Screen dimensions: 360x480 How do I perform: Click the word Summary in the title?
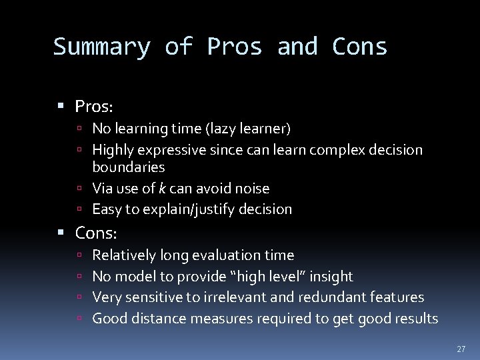coord(101,47)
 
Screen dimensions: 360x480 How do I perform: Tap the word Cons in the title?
coord(359,47)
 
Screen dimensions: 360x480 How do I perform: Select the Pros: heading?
coord(95,106)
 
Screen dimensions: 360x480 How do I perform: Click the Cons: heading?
coord(96,233)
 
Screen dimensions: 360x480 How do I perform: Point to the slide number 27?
coord(461,349)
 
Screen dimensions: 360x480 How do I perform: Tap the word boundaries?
coord(128,167)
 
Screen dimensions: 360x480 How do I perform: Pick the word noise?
coord(249,189)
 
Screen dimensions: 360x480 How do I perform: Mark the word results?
coord(415,319)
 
